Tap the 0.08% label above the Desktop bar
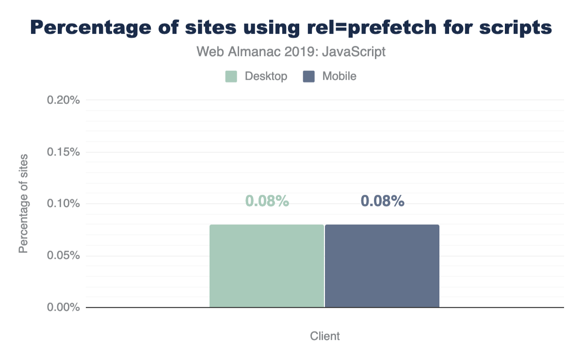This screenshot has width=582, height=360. click(x=267, y=201)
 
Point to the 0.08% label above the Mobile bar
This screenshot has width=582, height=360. click(x=383, y=201)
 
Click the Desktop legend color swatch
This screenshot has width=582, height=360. click(x=231, y=76)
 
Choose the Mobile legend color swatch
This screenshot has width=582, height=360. click(x=308, y=76)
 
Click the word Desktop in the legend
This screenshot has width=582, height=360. click(x=266, y=76)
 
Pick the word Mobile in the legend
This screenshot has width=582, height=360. click(x=339, y=76)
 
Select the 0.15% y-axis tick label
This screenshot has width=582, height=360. click(x=63, y=152)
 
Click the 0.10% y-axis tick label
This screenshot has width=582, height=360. click(x=63, y=203)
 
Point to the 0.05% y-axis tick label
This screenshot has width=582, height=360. click(x=63, y=255)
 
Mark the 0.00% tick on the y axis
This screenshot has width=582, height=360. click(x=63, y=307)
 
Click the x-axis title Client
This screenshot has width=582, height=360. click(x=325, y=336)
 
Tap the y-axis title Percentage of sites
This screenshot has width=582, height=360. click(x=23, y=204)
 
